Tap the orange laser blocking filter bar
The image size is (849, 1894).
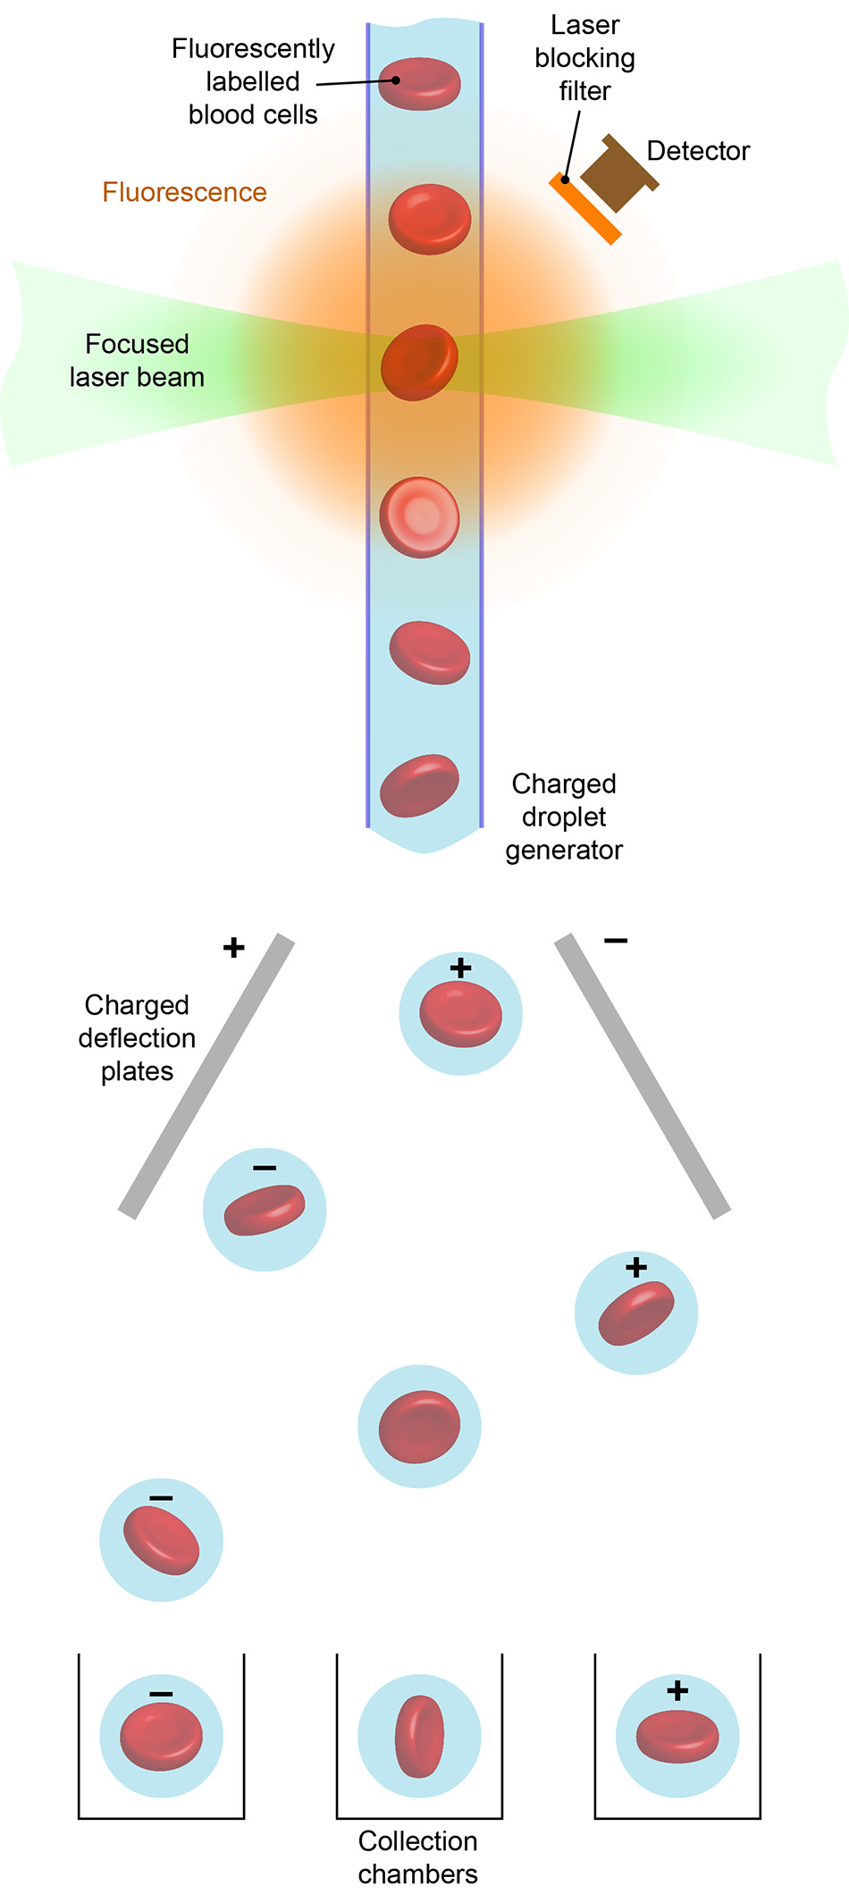coord(585,208)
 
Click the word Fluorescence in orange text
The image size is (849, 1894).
coord(184,192)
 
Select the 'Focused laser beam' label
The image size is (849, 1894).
coord(137,360)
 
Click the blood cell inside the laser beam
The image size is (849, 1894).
coord(419,362)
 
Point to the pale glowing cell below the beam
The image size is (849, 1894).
coord(419,517)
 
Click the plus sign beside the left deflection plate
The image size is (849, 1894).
coord(233,947)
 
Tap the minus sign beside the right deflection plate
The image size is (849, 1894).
coord(616,941)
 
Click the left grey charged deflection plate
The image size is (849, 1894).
coord(206,1076)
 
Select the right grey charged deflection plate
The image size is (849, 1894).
coord(643,1076)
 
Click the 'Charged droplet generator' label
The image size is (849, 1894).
coord(564,817)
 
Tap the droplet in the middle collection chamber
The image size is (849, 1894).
coord(419,1736)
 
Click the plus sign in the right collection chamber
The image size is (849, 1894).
coord(677,1690)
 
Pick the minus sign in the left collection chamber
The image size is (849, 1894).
coord(161,1694)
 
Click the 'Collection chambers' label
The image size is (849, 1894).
coord(418,1856)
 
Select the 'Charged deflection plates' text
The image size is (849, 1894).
coord(137,1037)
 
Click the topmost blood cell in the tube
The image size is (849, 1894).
coord(419,83)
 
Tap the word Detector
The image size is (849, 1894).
coord(698,151)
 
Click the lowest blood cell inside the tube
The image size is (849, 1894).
coord(419,785)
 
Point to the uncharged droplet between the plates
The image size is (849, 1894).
coord(419,1426)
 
